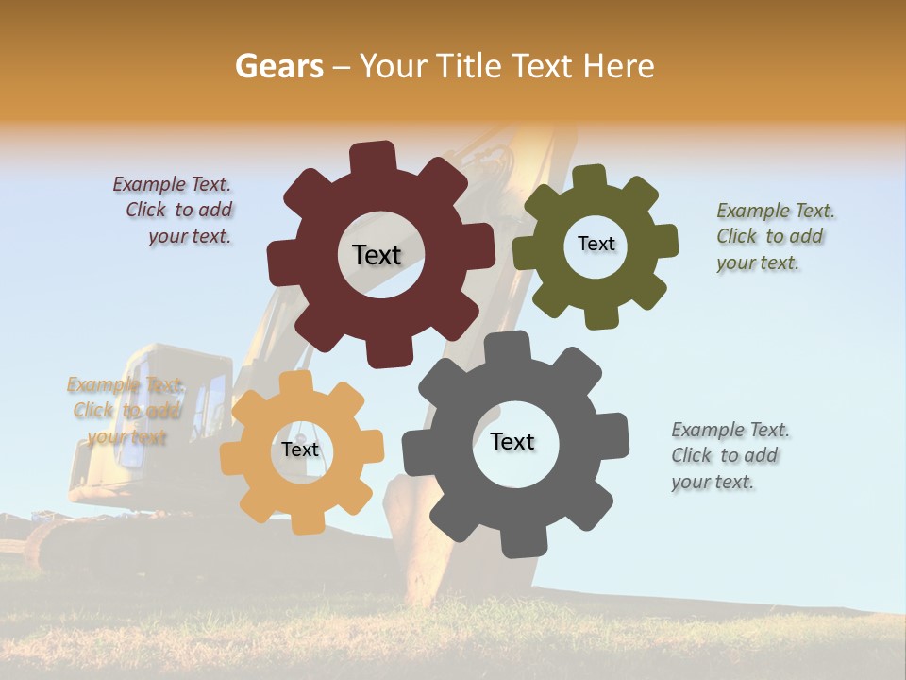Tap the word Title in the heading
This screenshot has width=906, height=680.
[471, 66]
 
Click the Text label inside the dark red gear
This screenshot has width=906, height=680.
[377, 255]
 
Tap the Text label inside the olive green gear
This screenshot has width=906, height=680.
[596, 244]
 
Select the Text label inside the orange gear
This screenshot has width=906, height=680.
[300, 450]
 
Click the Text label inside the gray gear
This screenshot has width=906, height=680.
[512, 441]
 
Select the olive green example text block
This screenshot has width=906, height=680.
[774, 236]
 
